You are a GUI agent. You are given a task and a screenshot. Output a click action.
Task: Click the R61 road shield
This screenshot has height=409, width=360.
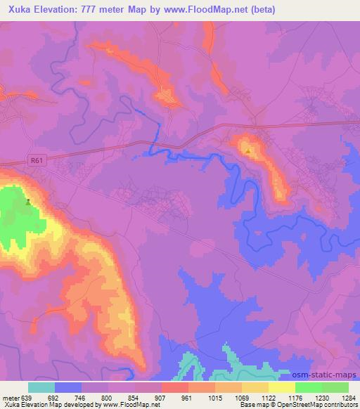(37, 161)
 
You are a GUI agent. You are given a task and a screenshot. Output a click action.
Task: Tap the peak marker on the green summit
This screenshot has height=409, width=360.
(28, 202)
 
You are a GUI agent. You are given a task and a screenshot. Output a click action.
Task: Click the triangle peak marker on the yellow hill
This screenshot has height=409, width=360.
(248, 149)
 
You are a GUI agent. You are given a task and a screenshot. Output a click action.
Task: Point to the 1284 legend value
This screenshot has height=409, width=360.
(349, 397)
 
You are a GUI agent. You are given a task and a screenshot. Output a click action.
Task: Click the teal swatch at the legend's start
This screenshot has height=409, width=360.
(41, 387)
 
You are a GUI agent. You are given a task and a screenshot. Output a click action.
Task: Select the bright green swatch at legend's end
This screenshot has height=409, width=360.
(335, 387)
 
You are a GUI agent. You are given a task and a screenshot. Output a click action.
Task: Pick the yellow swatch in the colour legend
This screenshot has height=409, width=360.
(282, 387)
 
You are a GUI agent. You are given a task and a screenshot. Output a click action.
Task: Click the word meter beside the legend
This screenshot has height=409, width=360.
(9, 397)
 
